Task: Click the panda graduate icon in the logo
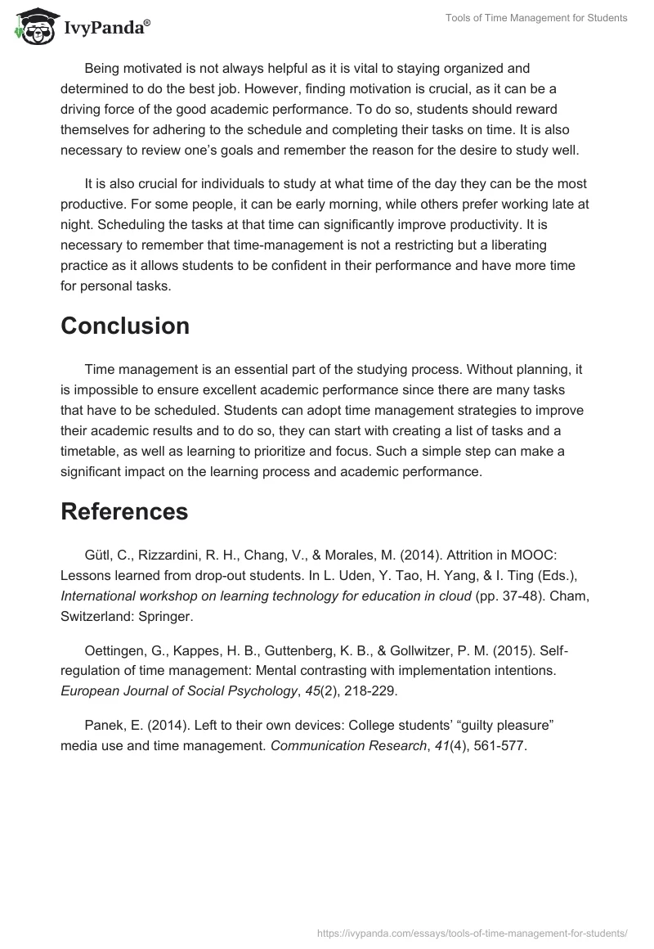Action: [x=30, y=25]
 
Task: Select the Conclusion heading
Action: [x=125, y=326]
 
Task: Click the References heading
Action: [x=124, y=511]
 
